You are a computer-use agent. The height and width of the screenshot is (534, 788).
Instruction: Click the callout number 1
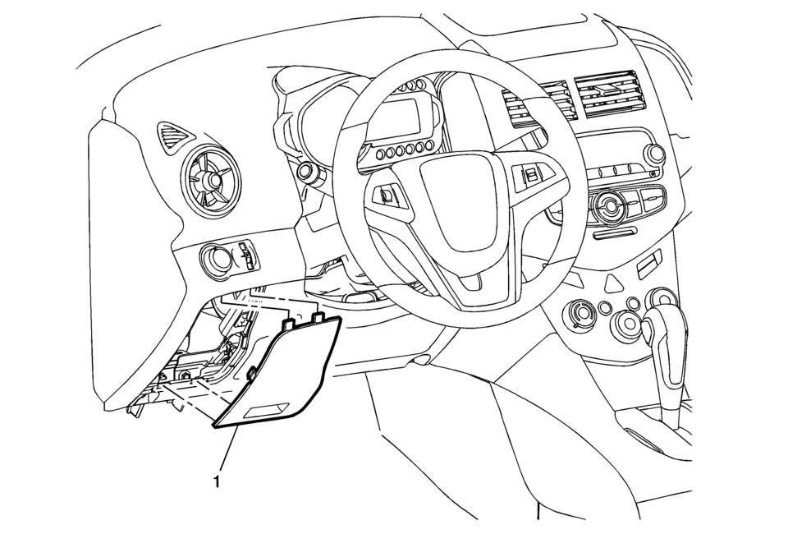point(217,481)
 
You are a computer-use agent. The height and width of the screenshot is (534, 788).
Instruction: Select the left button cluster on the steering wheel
point(388,195)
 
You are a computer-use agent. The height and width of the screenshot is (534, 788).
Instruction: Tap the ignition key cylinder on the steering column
point(304,172)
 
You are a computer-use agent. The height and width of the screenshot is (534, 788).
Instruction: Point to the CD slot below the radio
point(613,234)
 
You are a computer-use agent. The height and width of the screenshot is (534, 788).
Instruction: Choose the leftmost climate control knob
point(583,315)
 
